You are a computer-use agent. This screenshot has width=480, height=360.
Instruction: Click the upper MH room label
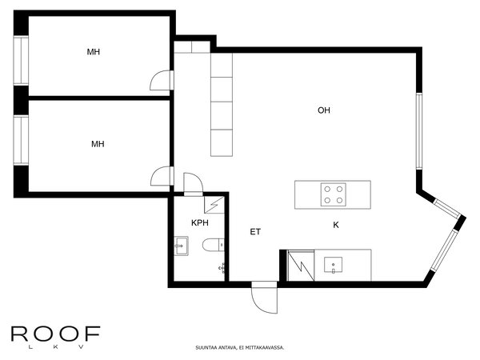click(94, 52)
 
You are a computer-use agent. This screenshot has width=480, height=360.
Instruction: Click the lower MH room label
click(98, 144)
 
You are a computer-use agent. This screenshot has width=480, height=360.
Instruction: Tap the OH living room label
click(324, 110)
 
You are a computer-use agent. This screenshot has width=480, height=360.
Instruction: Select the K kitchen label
click(336, 226)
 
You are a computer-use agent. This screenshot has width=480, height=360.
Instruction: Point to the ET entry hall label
click(255, 232)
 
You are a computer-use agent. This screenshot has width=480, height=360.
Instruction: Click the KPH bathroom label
click(200, 223)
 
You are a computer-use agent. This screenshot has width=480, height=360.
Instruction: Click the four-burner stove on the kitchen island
click(334, 194)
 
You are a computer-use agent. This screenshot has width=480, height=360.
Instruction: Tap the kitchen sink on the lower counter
click(333, 264)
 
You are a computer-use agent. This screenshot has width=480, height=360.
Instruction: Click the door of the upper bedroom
click(161, 80)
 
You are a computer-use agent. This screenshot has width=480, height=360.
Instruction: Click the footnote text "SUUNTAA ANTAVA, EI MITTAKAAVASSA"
click(240, 348)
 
